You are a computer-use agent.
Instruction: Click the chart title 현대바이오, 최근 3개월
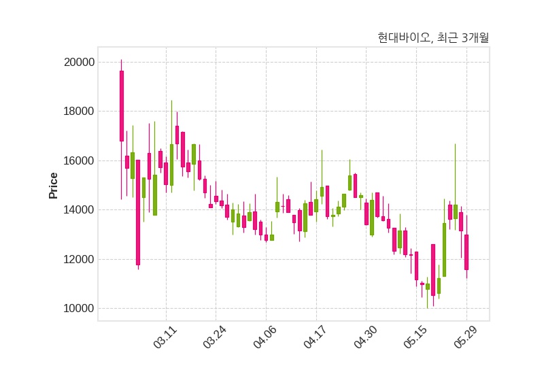coord(433,37)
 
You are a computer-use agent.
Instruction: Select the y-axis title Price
coord(53,186)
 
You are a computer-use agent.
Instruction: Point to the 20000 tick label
coord(79,63)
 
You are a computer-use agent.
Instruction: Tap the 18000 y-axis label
coord(79,112)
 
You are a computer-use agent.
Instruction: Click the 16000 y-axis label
coord(79,161)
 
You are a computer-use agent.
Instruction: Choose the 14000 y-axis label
coord(79,210)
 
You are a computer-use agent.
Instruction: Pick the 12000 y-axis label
coord(79,260)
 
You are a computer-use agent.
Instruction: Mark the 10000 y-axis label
coord(79,309)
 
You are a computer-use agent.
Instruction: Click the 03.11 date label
coord(165,337)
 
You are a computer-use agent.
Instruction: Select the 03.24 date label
coord(215,337)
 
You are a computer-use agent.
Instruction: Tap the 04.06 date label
coord(265,337)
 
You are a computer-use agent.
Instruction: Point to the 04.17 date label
coord(315,337)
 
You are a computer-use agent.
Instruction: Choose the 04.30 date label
coord(365,337)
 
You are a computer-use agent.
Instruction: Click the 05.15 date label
coord(415,337)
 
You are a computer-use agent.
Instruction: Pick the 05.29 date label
coord(466,337)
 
